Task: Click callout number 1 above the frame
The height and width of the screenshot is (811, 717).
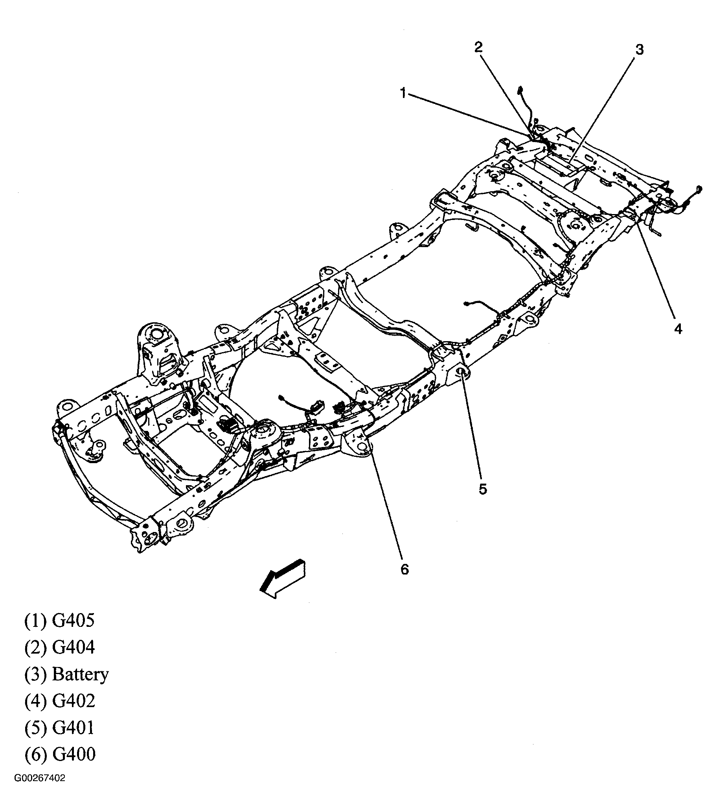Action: click(403, 94)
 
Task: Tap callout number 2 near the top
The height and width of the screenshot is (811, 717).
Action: click(478, 47)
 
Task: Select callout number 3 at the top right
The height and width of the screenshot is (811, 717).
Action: click(639, 50)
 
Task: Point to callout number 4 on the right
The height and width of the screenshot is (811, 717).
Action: click(678, 329)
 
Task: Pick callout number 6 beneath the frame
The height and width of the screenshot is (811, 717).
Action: click(404, 570)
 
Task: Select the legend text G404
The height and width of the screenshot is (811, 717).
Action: click(74, 648)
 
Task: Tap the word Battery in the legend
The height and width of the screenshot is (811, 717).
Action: click(81, 674)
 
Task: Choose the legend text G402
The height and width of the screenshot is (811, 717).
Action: click(74, 701)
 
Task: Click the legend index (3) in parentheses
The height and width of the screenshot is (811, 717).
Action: click(36, 674)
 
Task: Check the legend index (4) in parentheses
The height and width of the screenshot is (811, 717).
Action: click(36, 701)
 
